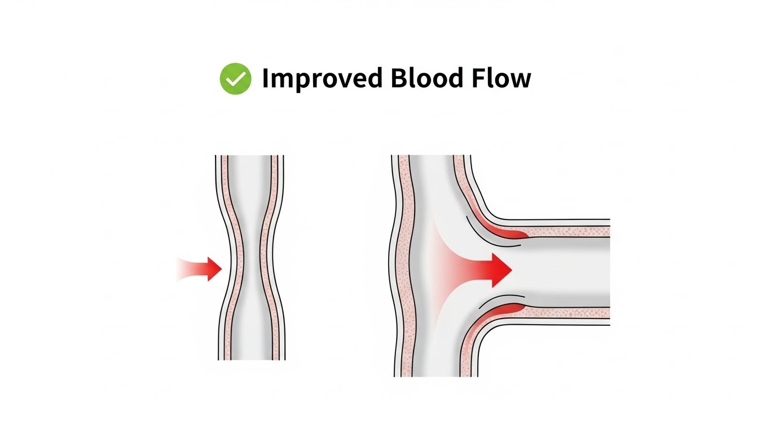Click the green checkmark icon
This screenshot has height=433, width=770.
[235, 79]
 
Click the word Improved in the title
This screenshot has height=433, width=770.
[322, 79]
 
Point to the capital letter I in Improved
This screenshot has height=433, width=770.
[265, 78]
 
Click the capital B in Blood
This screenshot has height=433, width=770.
[398, 78]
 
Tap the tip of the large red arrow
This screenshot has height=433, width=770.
[511, 269]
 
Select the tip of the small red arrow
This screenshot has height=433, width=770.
[222, 269]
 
